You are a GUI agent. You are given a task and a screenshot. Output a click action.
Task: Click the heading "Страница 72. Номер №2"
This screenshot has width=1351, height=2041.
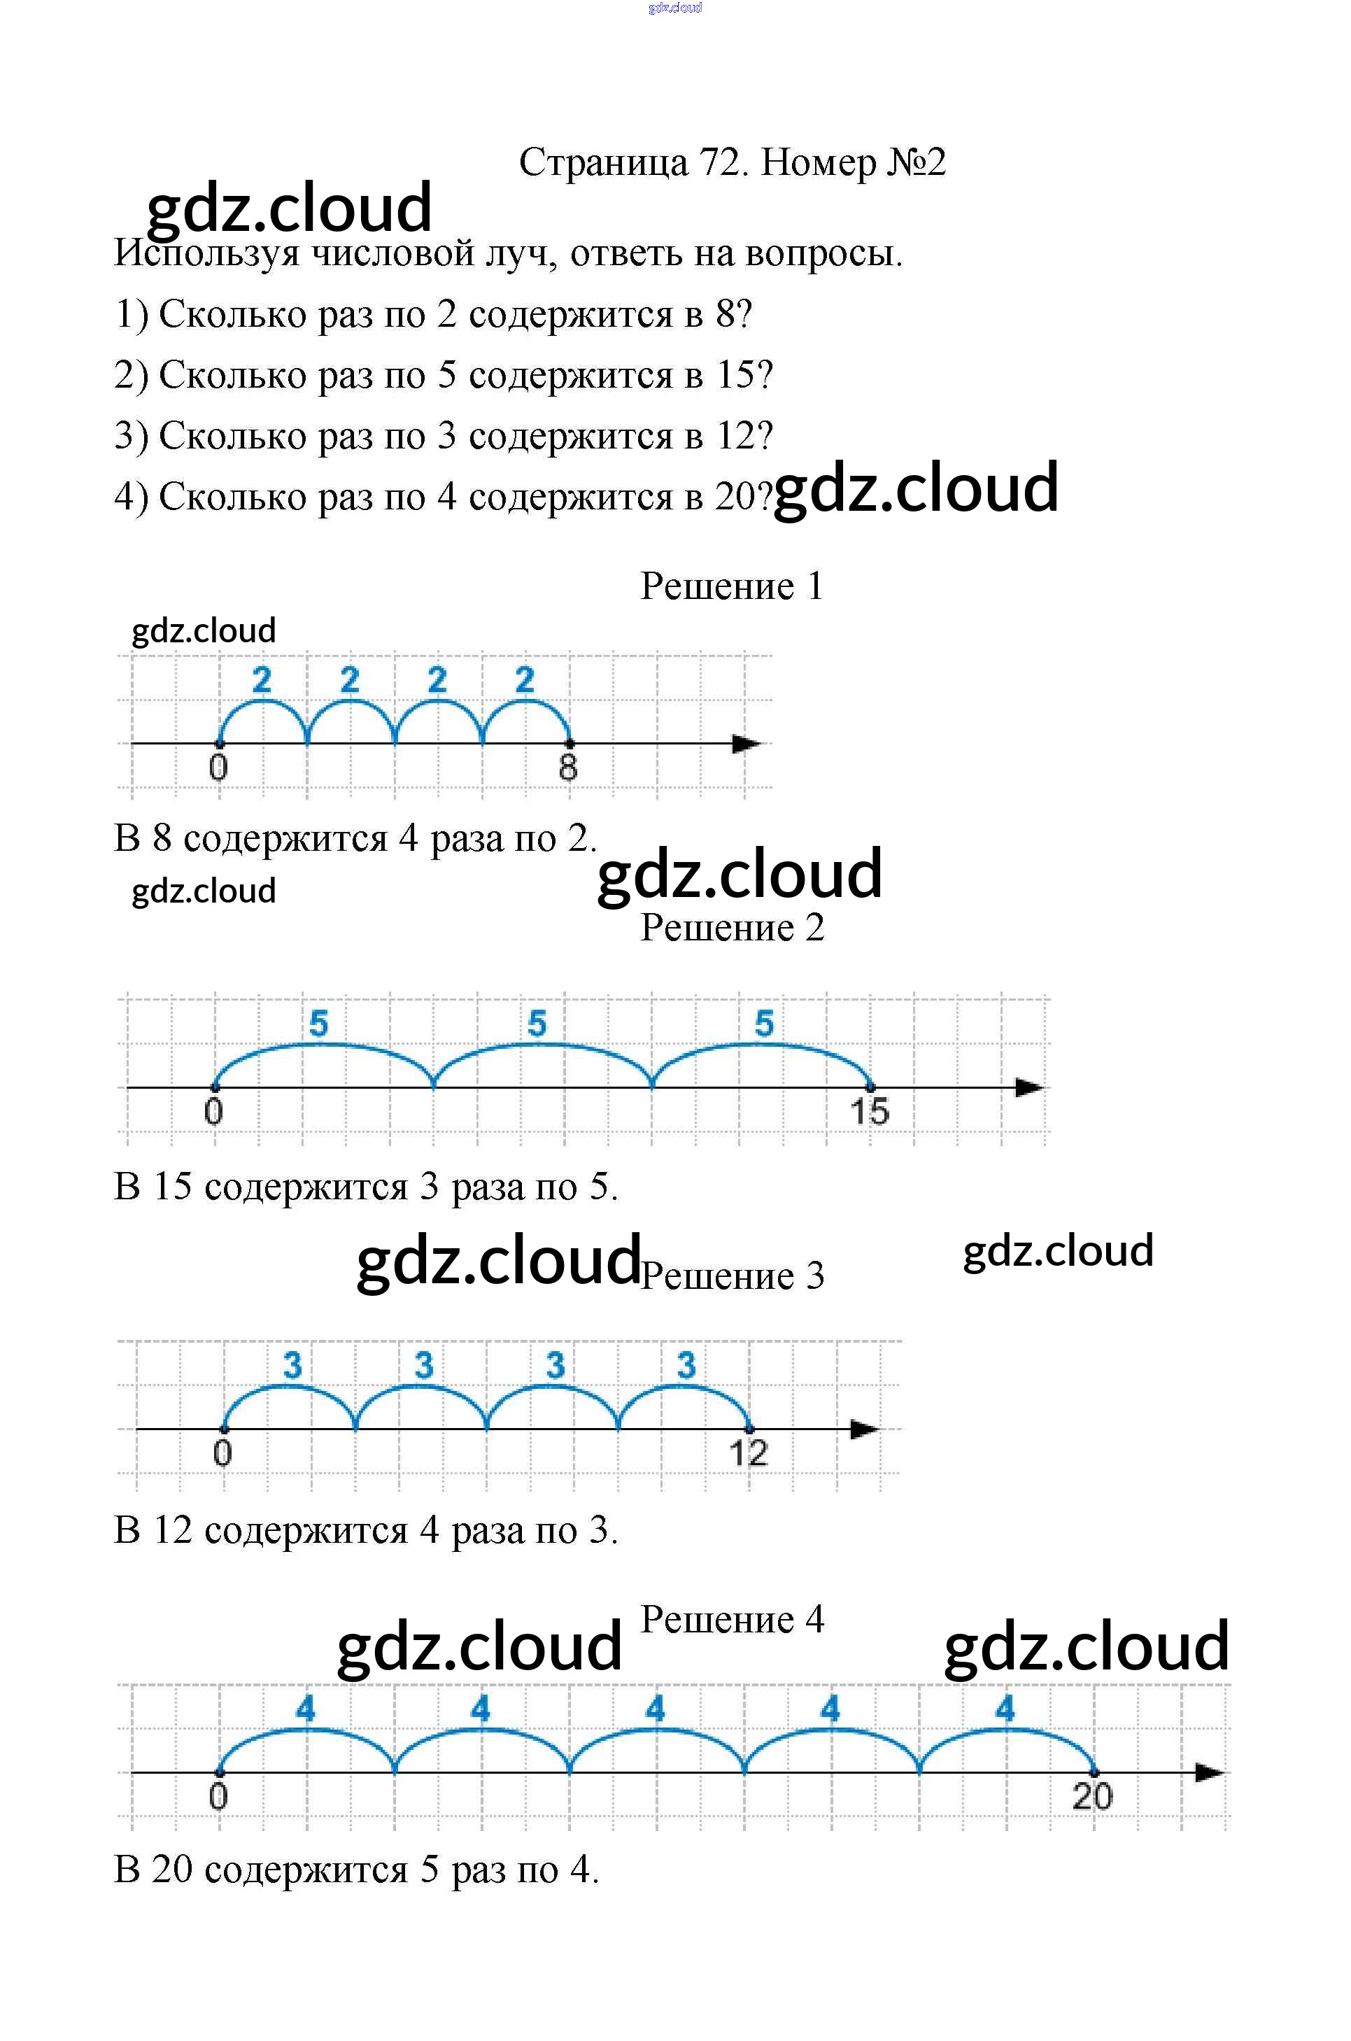(x=732, y=162)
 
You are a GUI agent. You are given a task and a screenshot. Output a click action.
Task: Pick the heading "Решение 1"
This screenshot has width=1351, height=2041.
(x=732, y=587)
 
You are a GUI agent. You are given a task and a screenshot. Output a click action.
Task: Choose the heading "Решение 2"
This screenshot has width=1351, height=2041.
(x=732, y=928)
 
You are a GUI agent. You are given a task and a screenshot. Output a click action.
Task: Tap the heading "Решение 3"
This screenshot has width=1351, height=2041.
(x=732, y=1276)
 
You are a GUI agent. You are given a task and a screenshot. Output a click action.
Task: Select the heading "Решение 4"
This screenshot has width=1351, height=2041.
(x=732, y=1620)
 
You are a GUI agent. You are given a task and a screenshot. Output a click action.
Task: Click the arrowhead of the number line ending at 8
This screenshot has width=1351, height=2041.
(x=746, y=744)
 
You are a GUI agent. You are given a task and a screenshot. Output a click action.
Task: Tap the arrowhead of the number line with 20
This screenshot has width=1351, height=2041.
(x=1209, y=1773)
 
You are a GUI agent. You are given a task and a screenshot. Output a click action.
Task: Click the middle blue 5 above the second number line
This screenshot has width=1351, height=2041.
(x=537, y=1024)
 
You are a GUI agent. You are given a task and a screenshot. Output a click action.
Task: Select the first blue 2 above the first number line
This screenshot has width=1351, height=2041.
(x=262, y=681)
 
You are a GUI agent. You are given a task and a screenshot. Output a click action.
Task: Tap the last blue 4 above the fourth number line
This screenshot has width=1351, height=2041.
(x=1005, y=1709)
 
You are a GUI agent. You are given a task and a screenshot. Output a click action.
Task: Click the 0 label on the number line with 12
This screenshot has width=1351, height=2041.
(x=222, y=1453)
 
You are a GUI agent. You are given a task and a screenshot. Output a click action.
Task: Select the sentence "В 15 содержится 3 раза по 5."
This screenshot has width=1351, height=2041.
(x=366, y=1187)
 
